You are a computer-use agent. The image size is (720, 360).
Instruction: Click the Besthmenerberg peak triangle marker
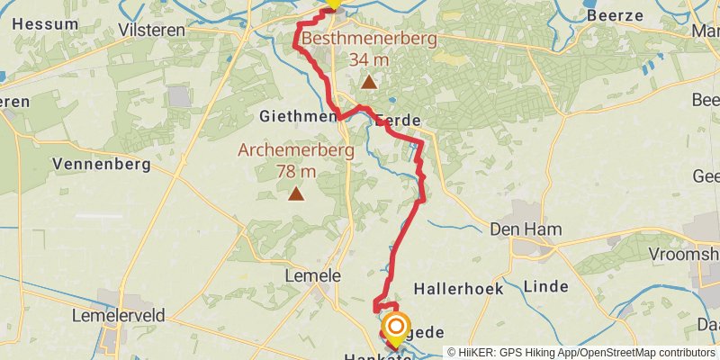[369, 83]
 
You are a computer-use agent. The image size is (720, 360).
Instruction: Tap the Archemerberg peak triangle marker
[295, 193]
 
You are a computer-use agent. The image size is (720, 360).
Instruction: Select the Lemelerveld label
[118, 315]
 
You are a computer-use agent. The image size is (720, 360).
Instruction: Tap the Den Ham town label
[526, 229]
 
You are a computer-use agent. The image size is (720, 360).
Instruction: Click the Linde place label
[545, 286]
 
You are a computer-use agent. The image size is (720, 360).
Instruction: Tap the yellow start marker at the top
[333, 3]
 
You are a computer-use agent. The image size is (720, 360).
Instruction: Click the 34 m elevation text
[369, 59]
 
